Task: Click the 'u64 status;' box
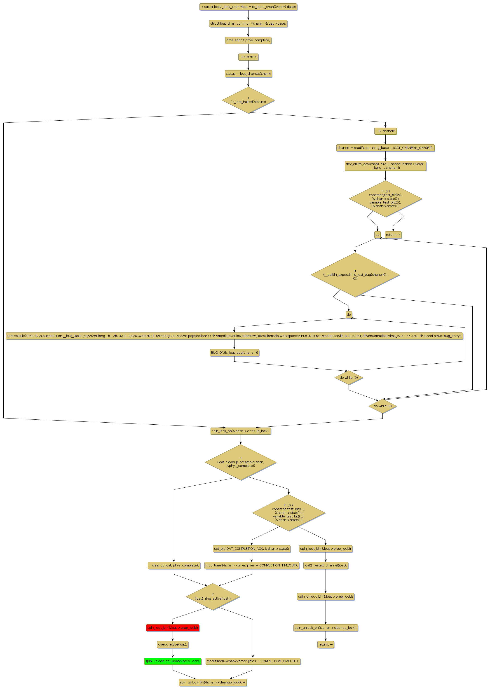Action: [x=248, y=57]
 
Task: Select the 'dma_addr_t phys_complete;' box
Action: [x=248, y=40]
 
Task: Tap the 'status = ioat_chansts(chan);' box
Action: [x=248, y=74]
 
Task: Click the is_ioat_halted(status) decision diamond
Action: [x=248, y=100]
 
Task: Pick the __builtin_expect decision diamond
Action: [x=355, y=275]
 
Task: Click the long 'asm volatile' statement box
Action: [x=234, y=336]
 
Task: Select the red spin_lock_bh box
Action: [x=173, y=628]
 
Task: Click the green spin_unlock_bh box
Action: [x=173, y=661]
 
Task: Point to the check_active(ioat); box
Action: [x=173, y=644]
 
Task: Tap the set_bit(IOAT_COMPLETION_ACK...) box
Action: [x=252, y=549]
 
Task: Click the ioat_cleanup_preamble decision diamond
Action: [x=240, y=462]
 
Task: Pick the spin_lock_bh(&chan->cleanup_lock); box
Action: [x=240, y=431]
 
